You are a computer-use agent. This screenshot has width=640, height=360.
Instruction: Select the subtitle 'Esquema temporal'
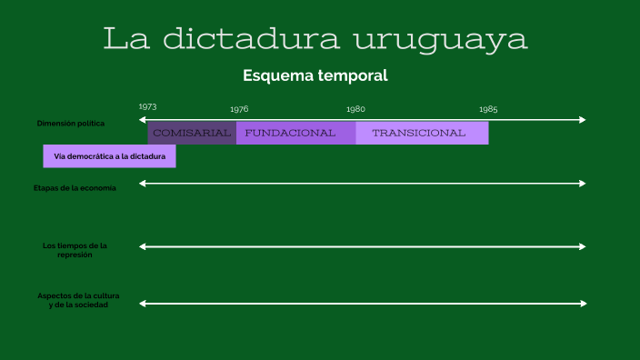(x=315, y=75)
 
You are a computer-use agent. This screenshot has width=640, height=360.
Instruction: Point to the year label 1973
(x=148, y=107)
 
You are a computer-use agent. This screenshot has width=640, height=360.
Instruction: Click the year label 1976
(x=239, y=109)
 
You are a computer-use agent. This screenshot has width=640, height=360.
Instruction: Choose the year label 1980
(x=355, y=109)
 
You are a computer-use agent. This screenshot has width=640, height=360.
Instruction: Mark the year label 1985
(x=488, y=109)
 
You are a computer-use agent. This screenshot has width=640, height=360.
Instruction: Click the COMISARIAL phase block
(x=192, y=133)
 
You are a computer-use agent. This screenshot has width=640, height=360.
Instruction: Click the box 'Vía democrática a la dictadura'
(x=109, y=156)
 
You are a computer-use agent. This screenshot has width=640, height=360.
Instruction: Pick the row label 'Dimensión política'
(x=71, y=123)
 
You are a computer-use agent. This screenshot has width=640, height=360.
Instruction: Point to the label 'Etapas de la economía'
(x=75, y=188)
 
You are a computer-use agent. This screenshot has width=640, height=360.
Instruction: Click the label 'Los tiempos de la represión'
(x=75, y=250)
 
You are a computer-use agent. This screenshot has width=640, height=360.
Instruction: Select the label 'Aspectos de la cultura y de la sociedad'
(x=78, y=301)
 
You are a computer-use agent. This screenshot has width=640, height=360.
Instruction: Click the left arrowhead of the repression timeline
(x=143, y=246)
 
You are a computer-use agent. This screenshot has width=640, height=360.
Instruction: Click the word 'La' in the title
(x=124, y=39)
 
